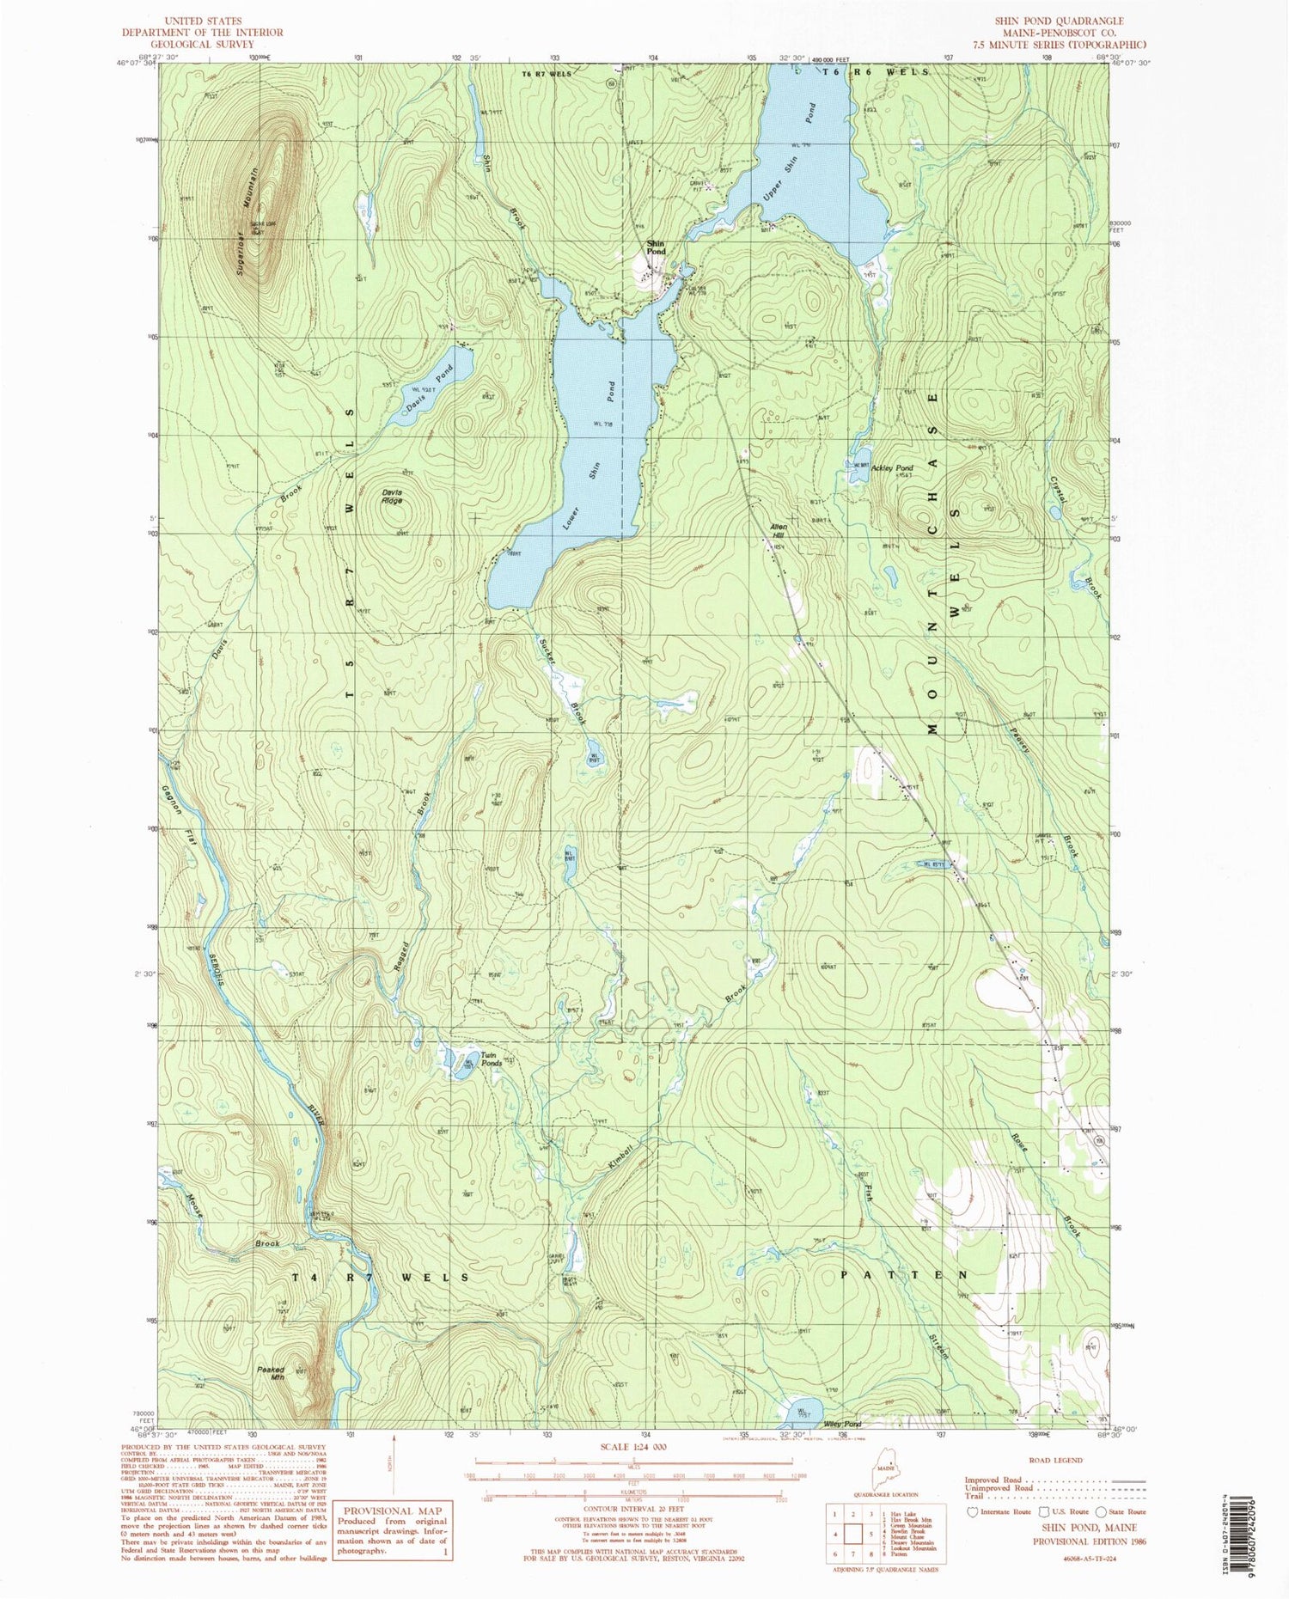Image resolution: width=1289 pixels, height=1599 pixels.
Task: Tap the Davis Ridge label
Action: [392, 496]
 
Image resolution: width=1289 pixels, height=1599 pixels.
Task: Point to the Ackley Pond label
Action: [892, 468]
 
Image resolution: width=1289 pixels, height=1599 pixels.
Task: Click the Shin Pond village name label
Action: [656, 247]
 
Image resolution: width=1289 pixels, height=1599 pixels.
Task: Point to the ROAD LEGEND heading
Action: [1054, 1460]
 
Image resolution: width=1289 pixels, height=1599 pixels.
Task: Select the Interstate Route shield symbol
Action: [973, 1511]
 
